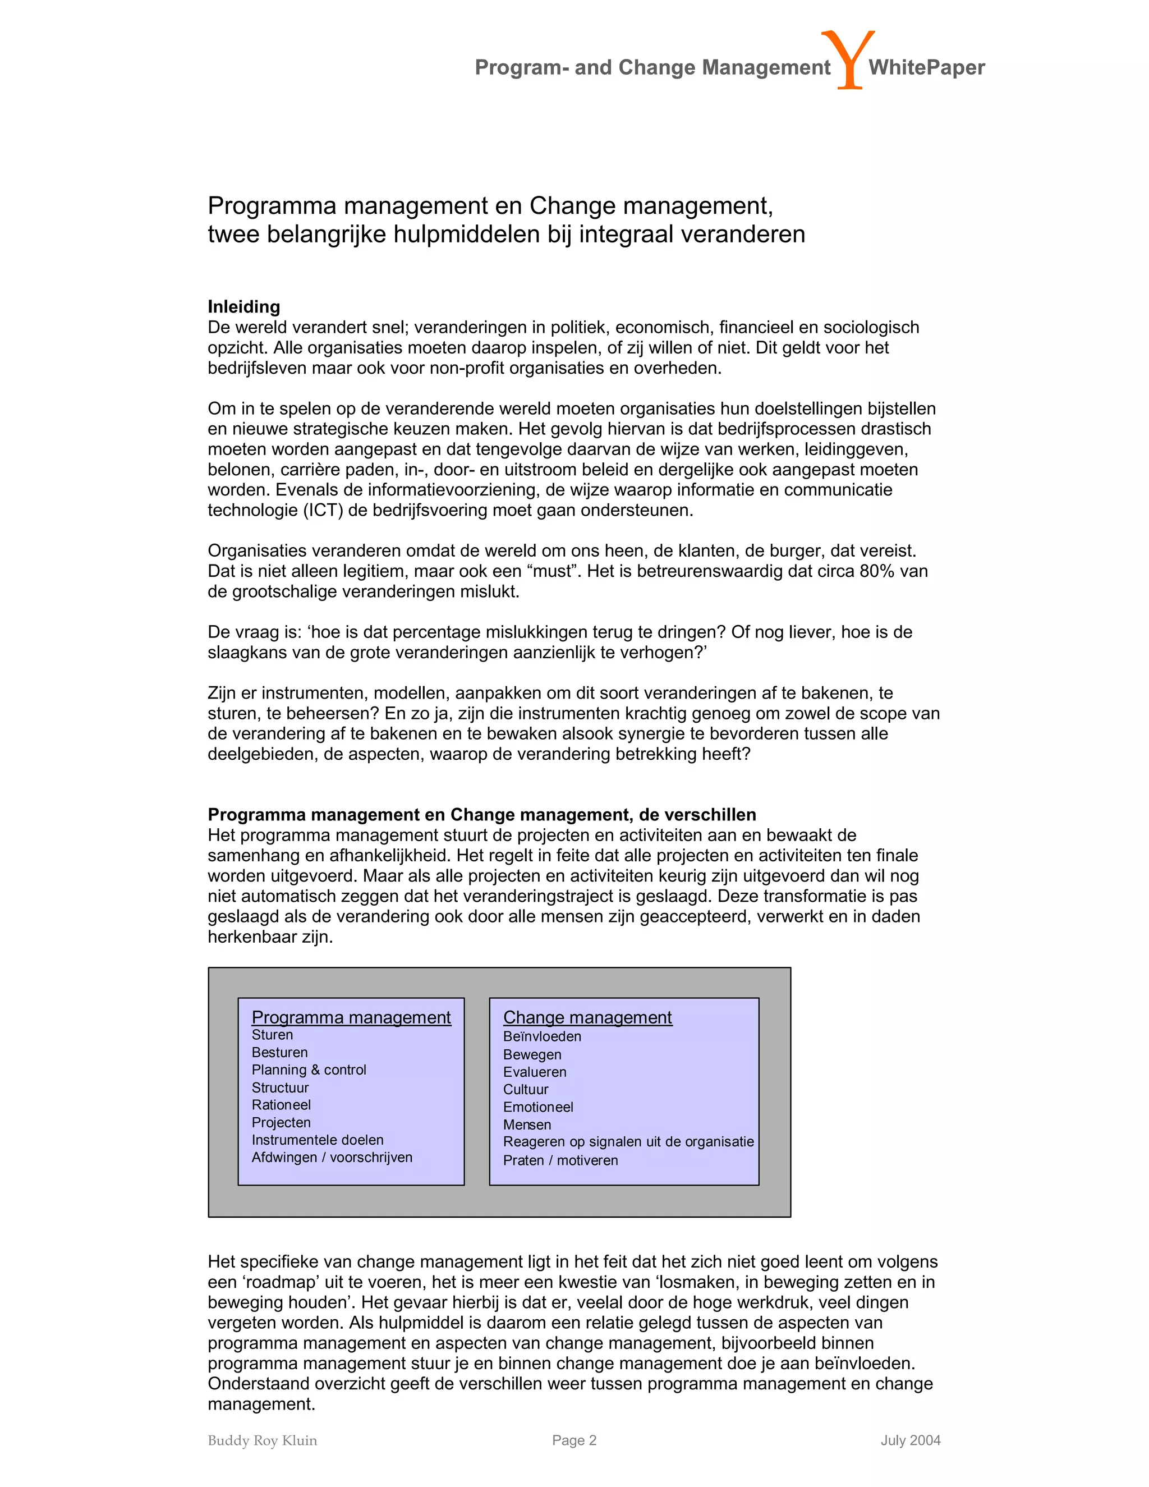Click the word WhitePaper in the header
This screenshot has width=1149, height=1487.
926,67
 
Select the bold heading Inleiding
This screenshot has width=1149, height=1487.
243,306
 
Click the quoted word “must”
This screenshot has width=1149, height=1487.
552,571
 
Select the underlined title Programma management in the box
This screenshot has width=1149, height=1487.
351,1017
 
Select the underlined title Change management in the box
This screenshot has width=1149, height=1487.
587,1017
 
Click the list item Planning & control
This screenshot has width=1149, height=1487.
309,1070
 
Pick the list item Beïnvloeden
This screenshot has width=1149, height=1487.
542,1036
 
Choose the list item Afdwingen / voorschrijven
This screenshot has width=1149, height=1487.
332,1158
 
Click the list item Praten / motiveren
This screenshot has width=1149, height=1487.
560,1160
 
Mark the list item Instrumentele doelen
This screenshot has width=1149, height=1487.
317,1140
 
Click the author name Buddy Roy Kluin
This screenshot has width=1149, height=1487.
262,1440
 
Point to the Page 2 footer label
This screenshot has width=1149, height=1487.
574,1440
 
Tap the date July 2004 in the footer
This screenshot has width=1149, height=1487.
910,1440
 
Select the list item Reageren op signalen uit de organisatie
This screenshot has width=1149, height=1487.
628,1142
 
